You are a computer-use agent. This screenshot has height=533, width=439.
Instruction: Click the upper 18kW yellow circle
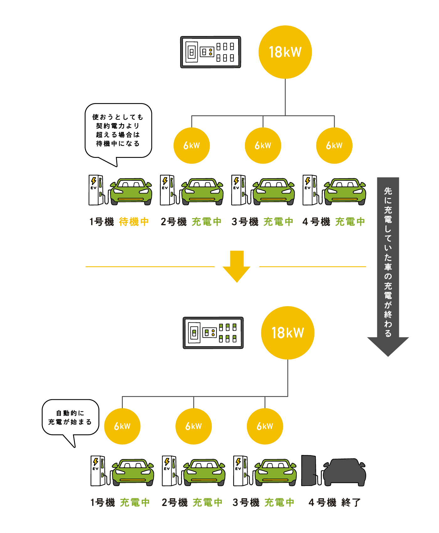[285, 52]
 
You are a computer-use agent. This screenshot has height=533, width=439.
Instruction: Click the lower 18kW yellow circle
[287, 333]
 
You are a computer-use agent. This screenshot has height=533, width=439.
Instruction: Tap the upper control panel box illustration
[211, 52]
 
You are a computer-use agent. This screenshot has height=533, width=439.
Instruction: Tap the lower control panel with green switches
[213, 333]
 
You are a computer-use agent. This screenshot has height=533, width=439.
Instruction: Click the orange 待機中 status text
[134, 222]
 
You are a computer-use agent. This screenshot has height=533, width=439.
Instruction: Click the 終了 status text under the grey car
[351, 503]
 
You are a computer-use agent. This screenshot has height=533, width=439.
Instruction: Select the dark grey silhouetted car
[345, 473]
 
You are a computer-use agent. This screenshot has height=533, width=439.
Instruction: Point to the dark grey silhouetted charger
[309, 471]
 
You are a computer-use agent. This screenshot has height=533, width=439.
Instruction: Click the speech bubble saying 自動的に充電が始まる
[71, 417]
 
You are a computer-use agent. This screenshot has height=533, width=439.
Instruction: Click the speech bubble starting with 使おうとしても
[118, 130]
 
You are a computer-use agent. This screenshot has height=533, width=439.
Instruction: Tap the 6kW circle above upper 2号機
[191, 145]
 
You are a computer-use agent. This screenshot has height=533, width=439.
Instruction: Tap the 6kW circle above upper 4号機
[334, 145]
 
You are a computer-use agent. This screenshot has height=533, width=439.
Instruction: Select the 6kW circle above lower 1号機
[122, 426]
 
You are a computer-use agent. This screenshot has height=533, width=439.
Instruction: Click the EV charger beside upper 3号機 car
[239, 190]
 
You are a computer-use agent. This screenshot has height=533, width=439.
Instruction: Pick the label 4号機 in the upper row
[316, 222]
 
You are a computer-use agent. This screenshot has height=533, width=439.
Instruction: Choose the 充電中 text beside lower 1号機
[135, 503]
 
